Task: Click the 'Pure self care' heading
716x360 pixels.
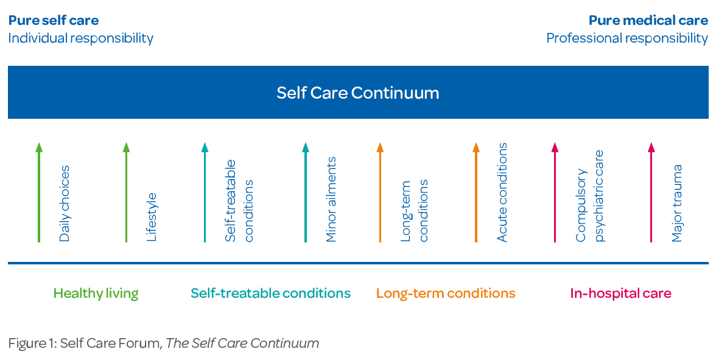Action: (x=54, y=21)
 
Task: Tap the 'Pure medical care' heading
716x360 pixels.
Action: (x=648, y=21)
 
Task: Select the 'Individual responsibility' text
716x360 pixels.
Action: (x=80, y=38)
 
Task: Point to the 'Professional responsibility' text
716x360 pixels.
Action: (x=626, y=38)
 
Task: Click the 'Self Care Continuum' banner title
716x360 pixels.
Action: (x=357, y=93)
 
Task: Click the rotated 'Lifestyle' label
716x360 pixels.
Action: (x=152, y=217)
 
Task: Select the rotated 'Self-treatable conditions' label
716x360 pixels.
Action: (x=239, y=201)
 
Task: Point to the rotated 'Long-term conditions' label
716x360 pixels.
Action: (x=414, y=211)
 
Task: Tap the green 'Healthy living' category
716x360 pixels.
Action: (x=96, y=294)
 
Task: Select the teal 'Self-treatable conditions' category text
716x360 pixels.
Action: (x=270, y=294)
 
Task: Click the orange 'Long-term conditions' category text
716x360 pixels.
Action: (x=446, y=294)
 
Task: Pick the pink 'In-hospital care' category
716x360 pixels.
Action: (x=620, y=294)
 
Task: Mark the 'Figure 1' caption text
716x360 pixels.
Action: (x=163, y=343)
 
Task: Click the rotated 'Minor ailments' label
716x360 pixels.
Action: (x=331, y=200)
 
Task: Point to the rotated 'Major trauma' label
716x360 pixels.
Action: (x=677, y=203)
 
